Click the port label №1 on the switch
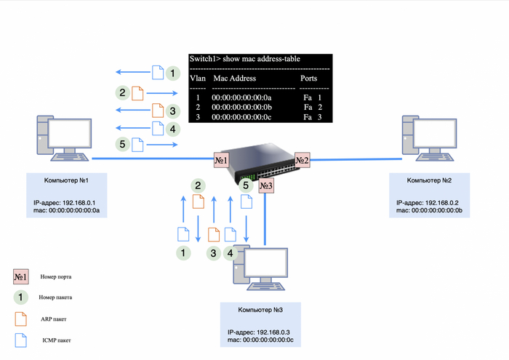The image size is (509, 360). tap(221, 159)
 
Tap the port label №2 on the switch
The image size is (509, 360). tap(302, 160)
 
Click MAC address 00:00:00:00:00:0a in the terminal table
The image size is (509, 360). tap(241, 97)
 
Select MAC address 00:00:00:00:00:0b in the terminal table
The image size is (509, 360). tap(241, 107)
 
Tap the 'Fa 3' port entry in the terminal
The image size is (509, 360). tap(312, 117)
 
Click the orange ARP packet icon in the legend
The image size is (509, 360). tap(20, 318)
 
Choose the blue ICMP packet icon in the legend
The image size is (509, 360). tap(20, 339)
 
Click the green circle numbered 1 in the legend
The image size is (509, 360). tap(20, 297)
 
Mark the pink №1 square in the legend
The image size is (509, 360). tap(20, 276)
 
